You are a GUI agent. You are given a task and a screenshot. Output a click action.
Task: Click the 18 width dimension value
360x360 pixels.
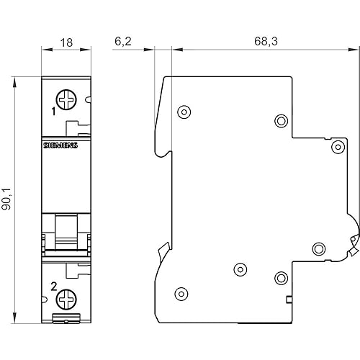[66, 42]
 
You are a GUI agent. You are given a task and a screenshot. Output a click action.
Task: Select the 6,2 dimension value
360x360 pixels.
[123, 41]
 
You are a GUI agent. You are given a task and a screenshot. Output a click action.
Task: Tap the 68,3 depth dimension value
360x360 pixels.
[266, 41]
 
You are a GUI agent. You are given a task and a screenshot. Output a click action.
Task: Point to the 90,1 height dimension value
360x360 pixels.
[6, 199]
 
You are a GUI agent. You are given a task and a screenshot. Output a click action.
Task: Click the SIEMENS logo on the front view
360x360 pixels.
[60, 145]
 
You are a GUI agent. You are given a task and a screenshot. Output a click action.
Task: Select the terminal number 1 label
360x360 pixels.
[54, 112]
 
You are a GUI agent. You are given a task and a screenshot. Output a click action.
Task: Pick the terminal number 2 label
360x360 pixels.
[54, 287]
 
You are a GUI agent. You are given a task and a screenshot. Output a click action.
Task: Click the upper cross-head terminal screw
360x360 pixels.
[66, 99]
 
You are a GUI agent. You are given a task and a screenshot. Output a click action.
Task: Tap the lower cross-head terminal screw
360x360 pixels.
[66, 300]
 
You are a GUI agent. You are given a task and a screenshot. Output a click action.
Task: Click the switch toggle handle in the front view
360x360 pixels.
[66, 233]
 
